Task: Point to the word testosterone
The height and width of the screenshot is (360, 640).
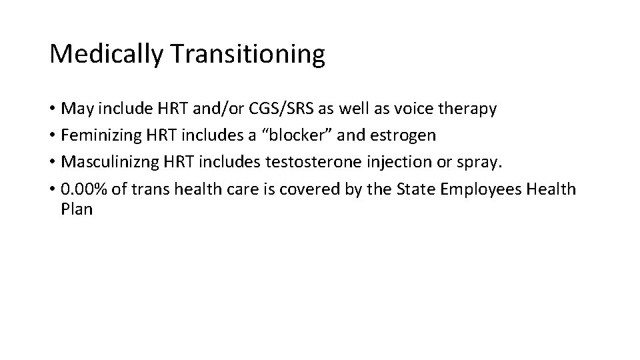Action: tap(305, 162)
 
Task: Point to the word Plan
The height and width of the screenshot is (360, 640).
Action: tap(76, 209)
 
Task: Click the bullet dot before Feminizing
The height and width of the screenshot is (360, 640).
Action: tap(53, 136)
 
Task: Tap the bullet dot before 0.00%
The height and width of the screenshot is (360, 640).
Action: tap(53, 189)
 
